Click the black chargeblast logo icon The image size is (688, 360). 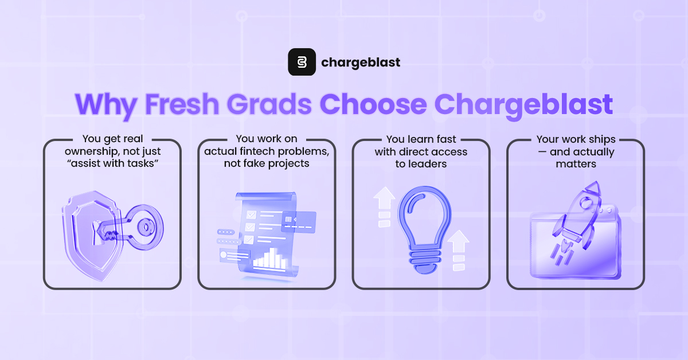pos(302,62)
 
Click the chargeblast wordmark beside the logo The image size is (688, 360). pos(361,62)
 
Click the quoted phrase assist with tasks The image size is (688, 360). pos(112,163)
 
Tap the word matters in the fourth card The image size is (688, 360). pos(576,164)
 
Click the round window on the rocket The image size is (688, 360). pos(585,202)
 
